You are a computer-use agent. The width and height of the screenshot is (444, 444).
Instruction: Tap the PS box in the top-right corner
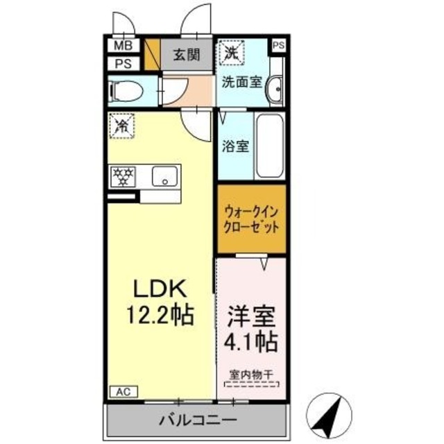[x=277, y=46]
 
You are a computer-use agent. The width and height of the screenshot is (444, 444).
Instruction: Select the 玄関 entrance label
[x=187, y=55]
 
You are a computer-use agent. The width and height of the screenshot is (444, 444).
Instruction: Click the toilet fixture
[x=128, y=89]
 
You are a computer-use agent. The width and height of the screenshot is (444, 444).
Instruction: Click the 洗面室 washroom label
[x=241, y=82]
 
